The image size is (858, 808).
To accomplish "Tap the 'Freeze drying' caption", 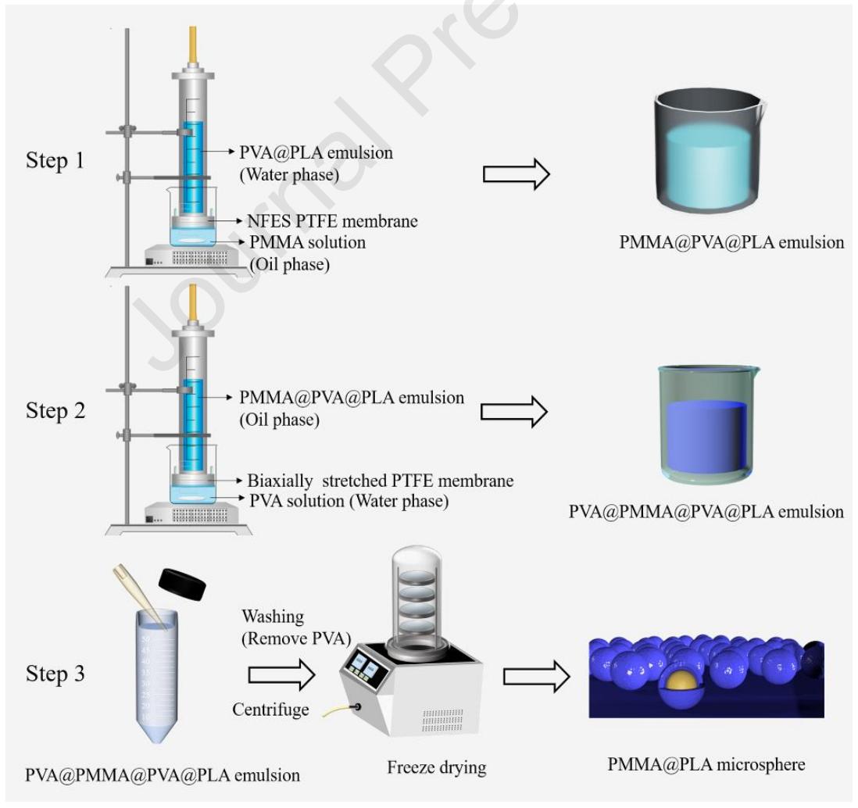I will pos(436,767).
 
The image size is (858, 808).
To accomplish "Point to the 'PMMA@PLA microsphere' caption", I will pos(706,763).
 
